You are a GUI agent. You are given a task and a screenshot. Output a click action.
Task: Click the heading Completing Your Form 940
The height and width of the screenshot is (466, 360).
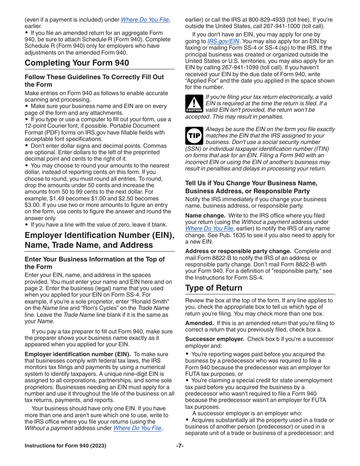[77, 63]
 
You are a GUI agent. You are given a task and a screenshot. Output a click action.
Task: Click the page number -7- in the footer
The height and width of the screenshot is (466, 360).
[180, 446]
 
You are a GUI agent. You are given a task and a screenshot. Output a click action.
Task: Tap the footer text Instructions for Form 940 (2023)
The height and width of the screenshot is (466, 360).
[65, 446]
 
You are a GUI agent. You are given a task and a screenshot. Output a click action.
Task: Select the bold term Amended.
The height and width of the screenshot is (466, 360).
[199, 323]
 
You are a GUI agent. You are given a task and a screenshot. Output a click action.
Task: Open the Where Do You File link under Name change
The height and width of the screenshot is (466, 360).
[209, 228]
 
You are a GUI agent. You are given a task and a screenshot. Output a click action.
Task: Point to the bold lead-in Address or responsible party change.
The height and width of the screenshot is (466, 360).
[238, 251]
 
